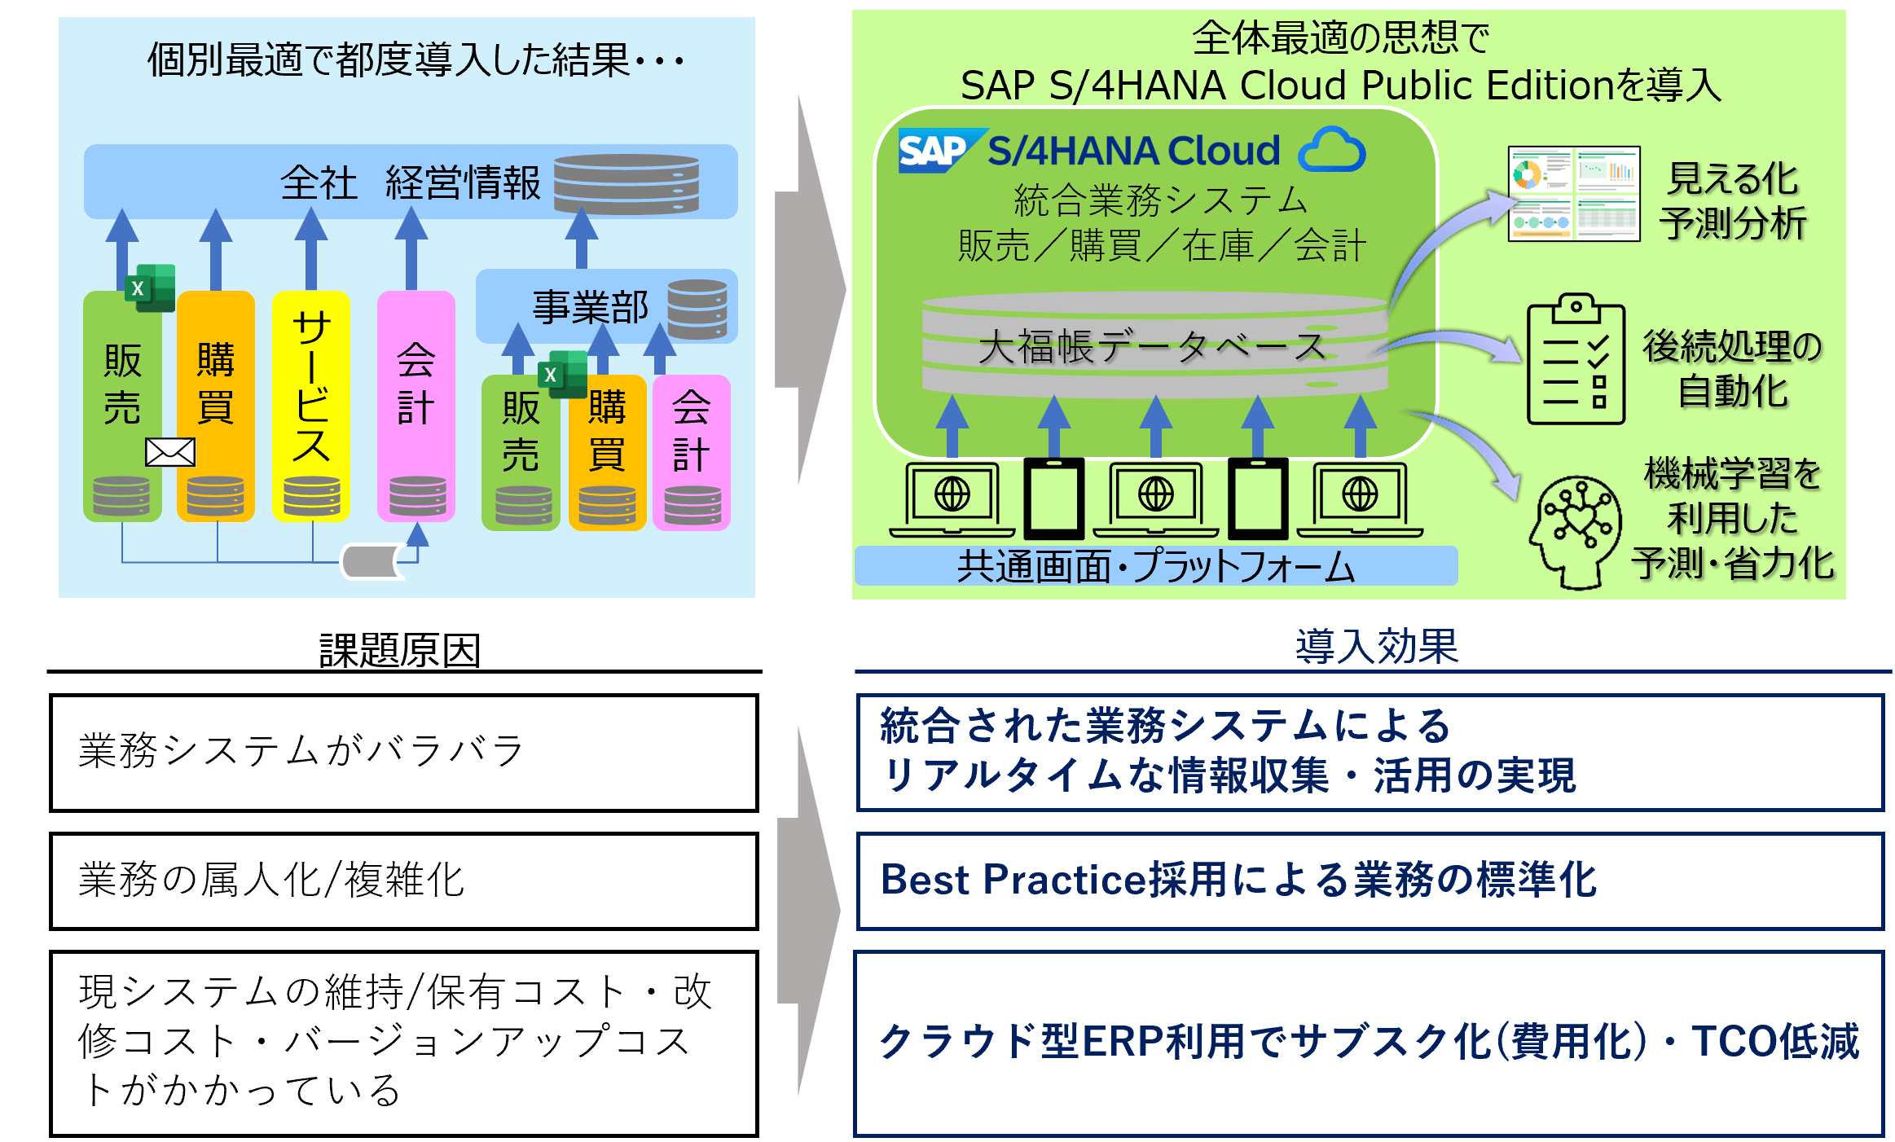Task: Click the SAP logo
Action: [934, 152]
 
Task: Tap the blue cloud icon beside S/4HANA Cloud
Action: [1333, 150]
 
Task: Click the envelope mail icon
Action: [170, 452]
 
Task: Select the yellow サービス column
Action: [311, 405]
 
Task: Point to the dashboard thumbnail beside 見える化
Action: [1573, 194]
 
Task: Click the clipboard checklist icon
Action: [1576, 360]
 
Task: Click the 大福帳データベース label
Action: [1152, 347]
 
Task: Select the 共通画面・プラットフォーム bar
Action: [1155, 566]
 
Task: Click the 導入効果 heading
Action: [1376, 647]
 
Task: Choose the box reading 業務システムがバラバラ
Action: [403, 752]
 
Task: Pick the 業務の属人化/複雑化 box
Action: [403, 881]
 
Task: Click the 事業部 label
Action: [591, 308]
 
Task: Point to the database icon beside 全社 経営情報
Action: [626, 184]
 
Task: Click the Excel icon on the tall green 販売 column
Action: [150, 288]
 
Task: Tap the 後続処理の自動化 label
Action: [1732, 368]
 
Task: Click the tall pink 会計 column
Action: [415, 405]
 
